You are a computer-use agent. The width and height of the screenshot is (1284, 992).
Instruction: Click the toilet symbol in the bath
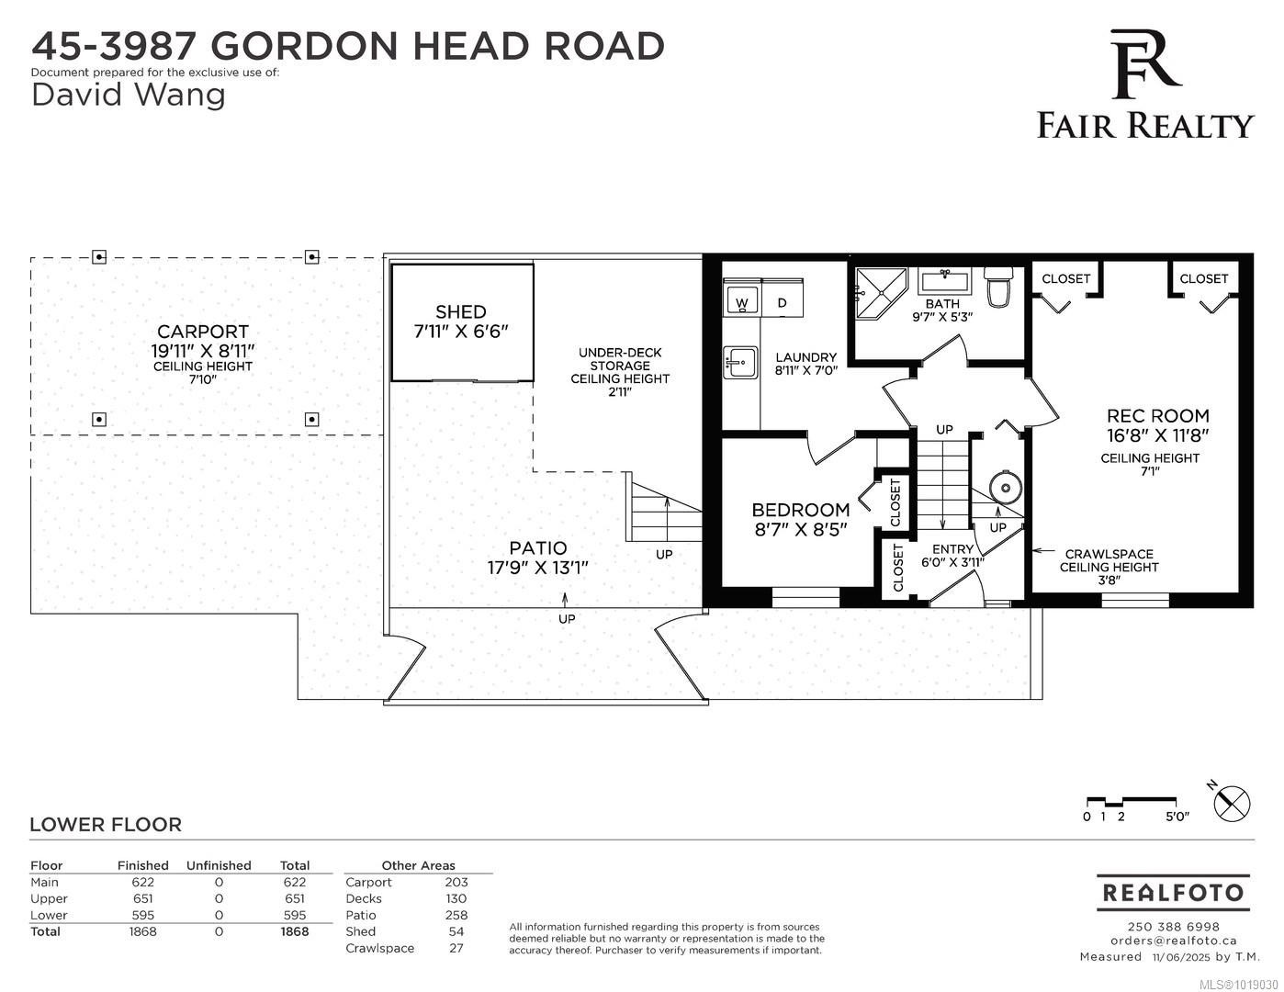click(x=997, y=287)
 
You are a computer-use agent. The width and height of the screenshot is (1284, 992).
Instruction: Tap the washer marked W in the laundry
click(x=741, y=300)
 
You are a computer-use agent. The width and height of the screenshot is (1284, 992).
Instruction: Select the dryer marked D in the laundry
click(x=782, y=300)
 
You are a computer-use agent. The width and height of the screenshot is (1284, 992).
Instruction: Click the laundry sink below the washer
click(x=739, y=362)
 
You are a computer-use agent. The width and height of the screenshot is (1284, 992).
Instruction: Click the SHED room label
click(x=461, y=311)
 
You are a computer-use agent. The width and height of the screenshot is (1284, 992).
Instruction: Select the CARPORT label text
click(x=202, y=332)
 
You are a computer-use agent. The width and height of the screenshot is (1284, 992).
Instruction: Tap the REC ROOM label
click(x=1157, y=415)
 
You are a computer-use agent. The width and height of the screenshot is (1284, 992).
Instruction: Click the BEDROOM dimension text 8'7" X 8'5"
click(x=800, y=529)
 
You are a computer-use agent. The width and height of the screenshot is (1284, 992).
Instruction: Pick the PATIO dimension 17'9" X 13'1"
click(x=537, y=568)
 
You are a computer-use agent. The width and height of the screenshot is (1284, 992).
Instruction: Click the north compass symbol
click(x=1232, y=804)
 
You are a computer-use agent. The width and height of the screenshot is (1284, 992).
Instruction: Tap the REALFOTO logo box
click(x=1173, y=892)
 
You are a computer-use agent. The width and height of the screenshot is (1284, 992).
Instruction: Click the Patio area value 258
click(x=456, y=915)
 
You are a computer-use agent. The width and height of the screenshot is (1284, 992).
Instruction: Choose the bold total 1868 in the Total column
click(x=294, y=931)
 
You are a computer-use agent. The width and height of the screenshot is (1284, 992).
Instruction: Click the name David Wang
click(x=129, y=94)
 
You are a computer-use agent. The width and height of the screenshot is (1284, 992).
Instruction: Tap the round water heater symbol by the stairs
click(x=1006, y=487)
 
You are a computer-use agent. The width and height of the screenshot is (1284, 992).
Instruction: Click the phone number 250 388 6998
click(x=1173, y=926)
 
